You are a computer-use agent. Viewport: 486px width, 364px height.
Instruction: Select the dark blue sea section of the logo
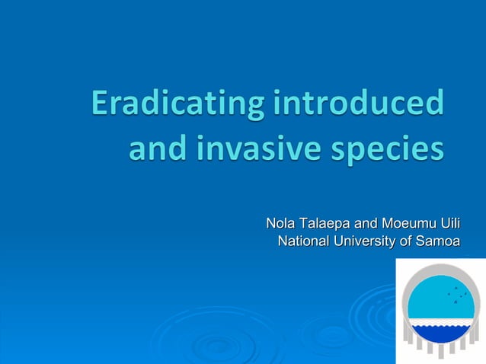click(x=441, y=334)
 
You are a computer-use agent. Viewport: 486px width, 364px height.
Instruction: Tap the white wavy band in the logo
click(x=441, y=324)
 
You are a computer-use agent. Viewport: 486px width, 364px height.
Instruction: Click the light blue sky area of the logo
click(x=430, y=301)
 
